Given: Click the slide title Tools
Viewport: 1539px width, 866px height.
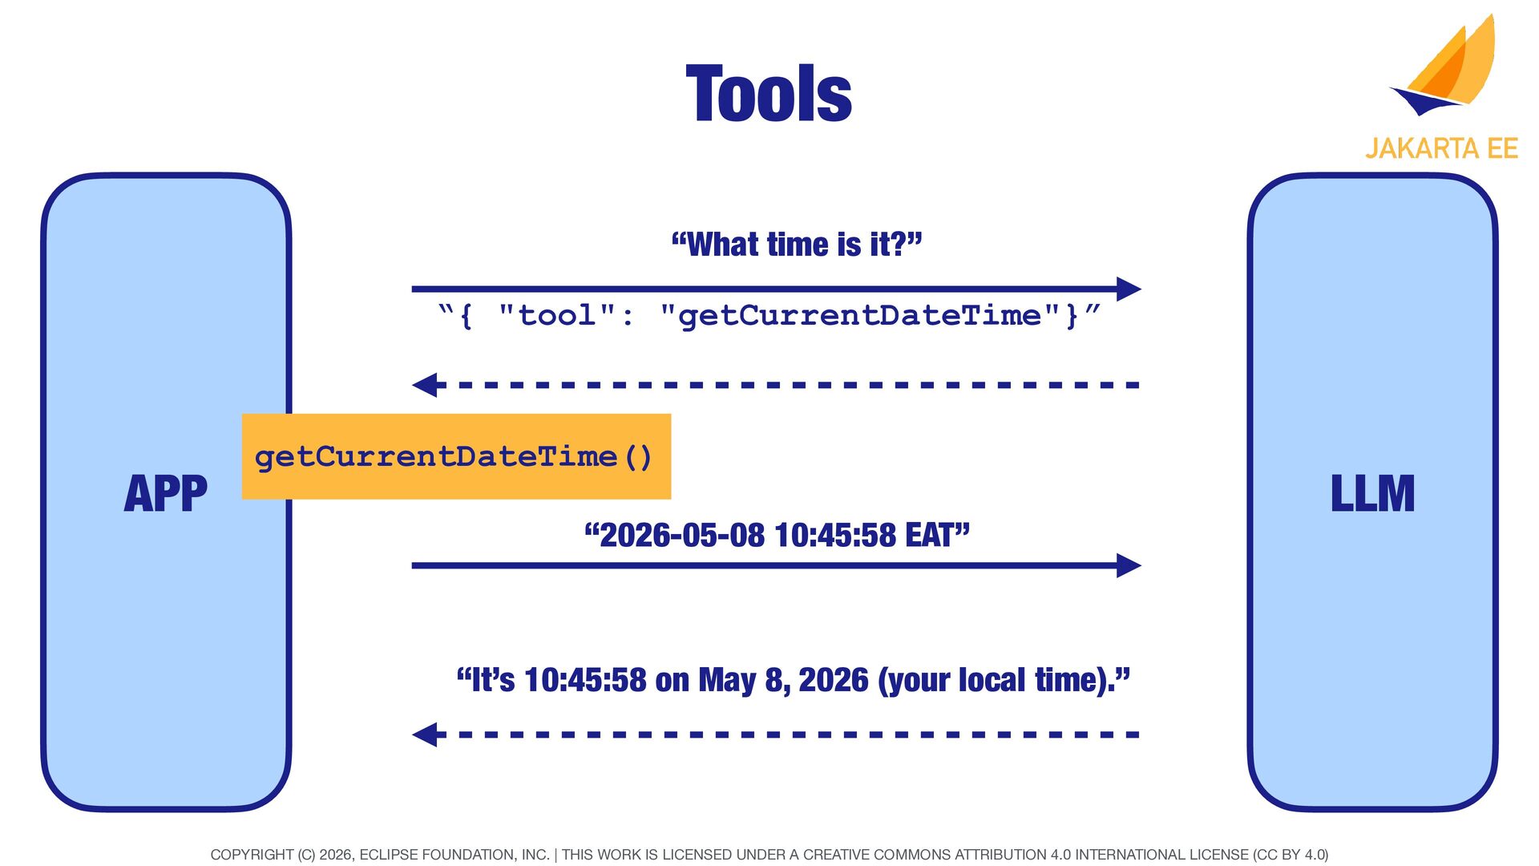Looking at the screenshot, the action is pyautogui.click(x=769, y=94).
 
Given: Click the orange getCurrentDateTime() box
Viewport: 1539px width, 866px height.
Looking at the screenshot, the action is pyautogui.click(x=456, y=456).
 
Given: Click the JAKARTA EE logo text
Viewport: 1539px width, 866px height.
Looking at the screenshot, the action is pyautogui.click(x=1441, y=148).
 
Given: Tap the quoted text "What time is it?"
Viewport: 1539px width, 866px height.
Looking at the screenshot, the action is pyautogui.click(x=797, y=244).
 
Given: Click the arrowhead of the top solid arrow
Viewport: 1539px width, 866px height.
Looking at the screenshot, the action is pyautogui.click(x=1129, y=289).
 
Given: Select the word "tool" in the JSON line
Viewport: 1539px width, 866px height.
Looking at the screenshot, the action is pyautogui.click(x=557, y=315).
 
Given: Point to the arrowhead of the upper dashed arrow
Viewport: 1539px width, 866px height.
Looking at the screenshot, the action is pyautogui.click(x=425, y=385).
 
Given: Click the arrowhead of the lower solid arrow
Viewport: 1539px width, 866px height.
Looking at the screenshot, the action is pyautogui.click(x=1129, y=565).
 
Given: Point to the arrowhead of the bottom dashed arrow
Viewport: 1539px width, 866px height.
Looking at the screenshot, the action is pyautogui.click(x=425, y=734).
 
